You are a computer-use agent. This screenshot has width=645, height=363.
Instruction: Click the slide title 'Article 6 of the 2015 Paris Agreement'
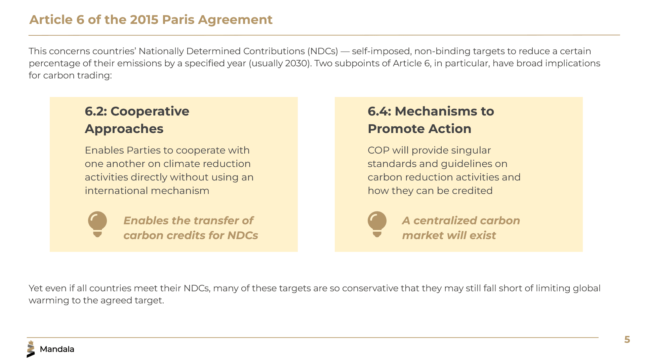click(x=151, y=20)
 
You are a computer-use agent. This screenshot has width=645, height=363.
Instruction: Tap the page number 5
click(x=627, y=339)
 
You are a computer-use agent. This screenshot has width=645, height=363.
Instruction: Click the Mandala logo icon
click(x=31, y=349)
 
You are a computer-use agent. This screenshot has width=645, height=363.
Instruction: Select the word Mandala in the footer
click(x=57, y=349)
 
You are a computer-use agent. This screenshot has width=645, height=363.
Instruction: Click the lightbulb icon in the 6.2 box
click(x=97, y=224)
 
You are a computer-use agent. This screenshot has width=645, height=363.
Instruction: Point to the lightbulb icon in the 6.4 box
click(x=377, y=224)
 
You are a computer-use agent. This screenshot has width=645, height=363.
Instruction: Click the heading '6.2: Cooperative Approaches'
click(x=137, y=120)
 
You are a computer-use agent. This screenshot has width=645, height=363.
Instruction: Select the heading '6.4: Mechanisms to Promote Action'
click(x=431, y=120)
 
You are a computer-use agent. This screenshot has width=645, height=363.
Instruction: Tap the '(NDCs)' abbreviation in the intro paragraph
click(x=322, y=51)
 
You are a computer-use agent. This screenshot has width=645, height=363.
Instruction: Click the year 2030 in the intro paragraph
click(x=295, y=63)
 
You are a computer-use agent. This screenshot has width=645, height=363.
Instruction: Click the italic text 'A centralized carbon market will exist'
click(x=461, y=228)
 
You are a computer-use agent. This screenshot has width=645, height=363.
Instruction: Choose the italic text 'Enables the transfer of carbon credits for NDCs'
click(x=191, y=228)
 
